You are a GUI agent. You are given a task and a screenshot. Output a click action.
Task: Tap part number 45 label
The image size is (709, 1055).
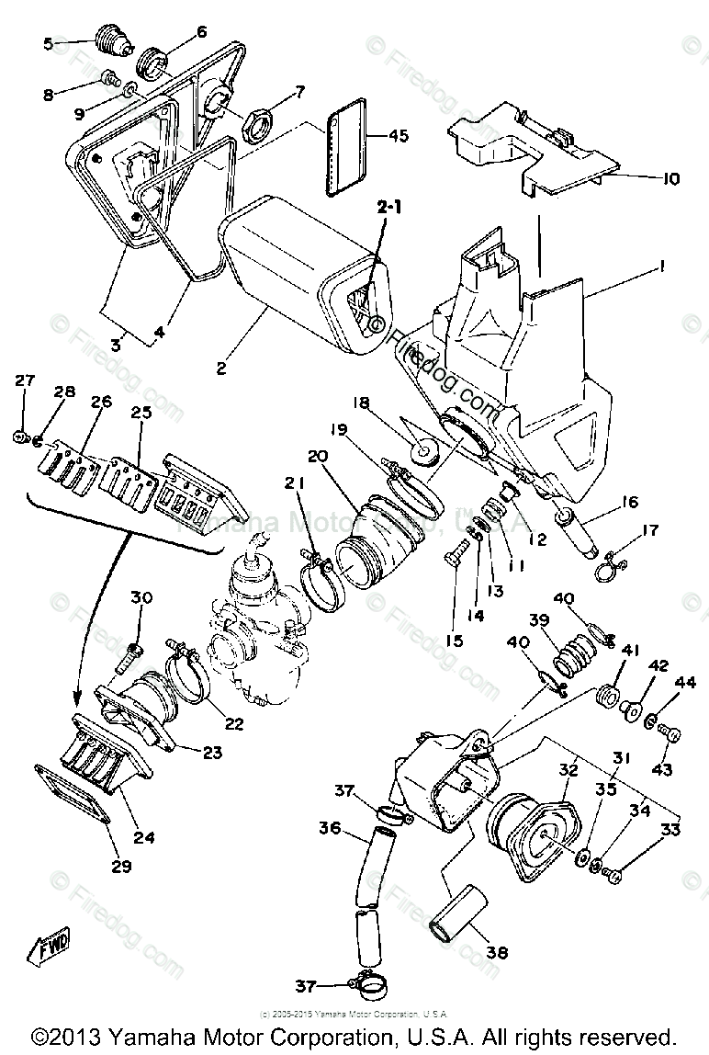[x=398, y=136]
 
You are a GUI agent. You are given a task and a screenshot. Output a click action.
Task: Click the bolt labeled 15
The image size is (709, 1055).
[x=454, y=557]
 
